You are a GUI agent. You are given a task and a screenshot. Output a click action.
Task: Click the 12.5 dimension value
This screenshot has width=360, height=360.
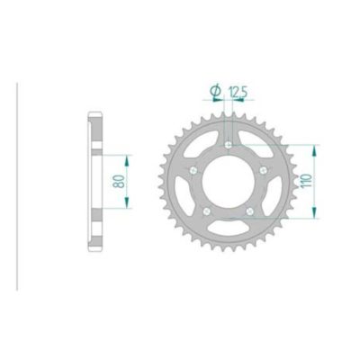(238, 91)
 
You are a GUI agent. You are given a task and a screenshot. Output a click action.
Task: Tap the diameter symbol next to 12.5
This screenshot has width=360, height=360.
(215, 91)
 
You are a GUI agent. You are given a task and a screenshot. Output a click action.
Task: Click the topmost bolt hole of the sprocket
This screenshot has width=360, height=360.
(228, 144)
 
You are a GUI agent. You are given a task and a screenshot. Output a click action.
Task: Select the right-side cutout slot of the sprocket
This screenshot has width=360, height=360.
(274, 199)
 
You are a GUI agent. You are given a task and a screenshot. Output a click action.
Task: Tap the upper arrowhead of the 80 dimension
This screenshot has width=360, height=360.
(126, 157)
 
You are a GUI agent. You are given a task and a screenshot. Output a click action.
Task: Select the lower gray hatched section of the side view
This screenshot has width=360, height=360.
(94, 229)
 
